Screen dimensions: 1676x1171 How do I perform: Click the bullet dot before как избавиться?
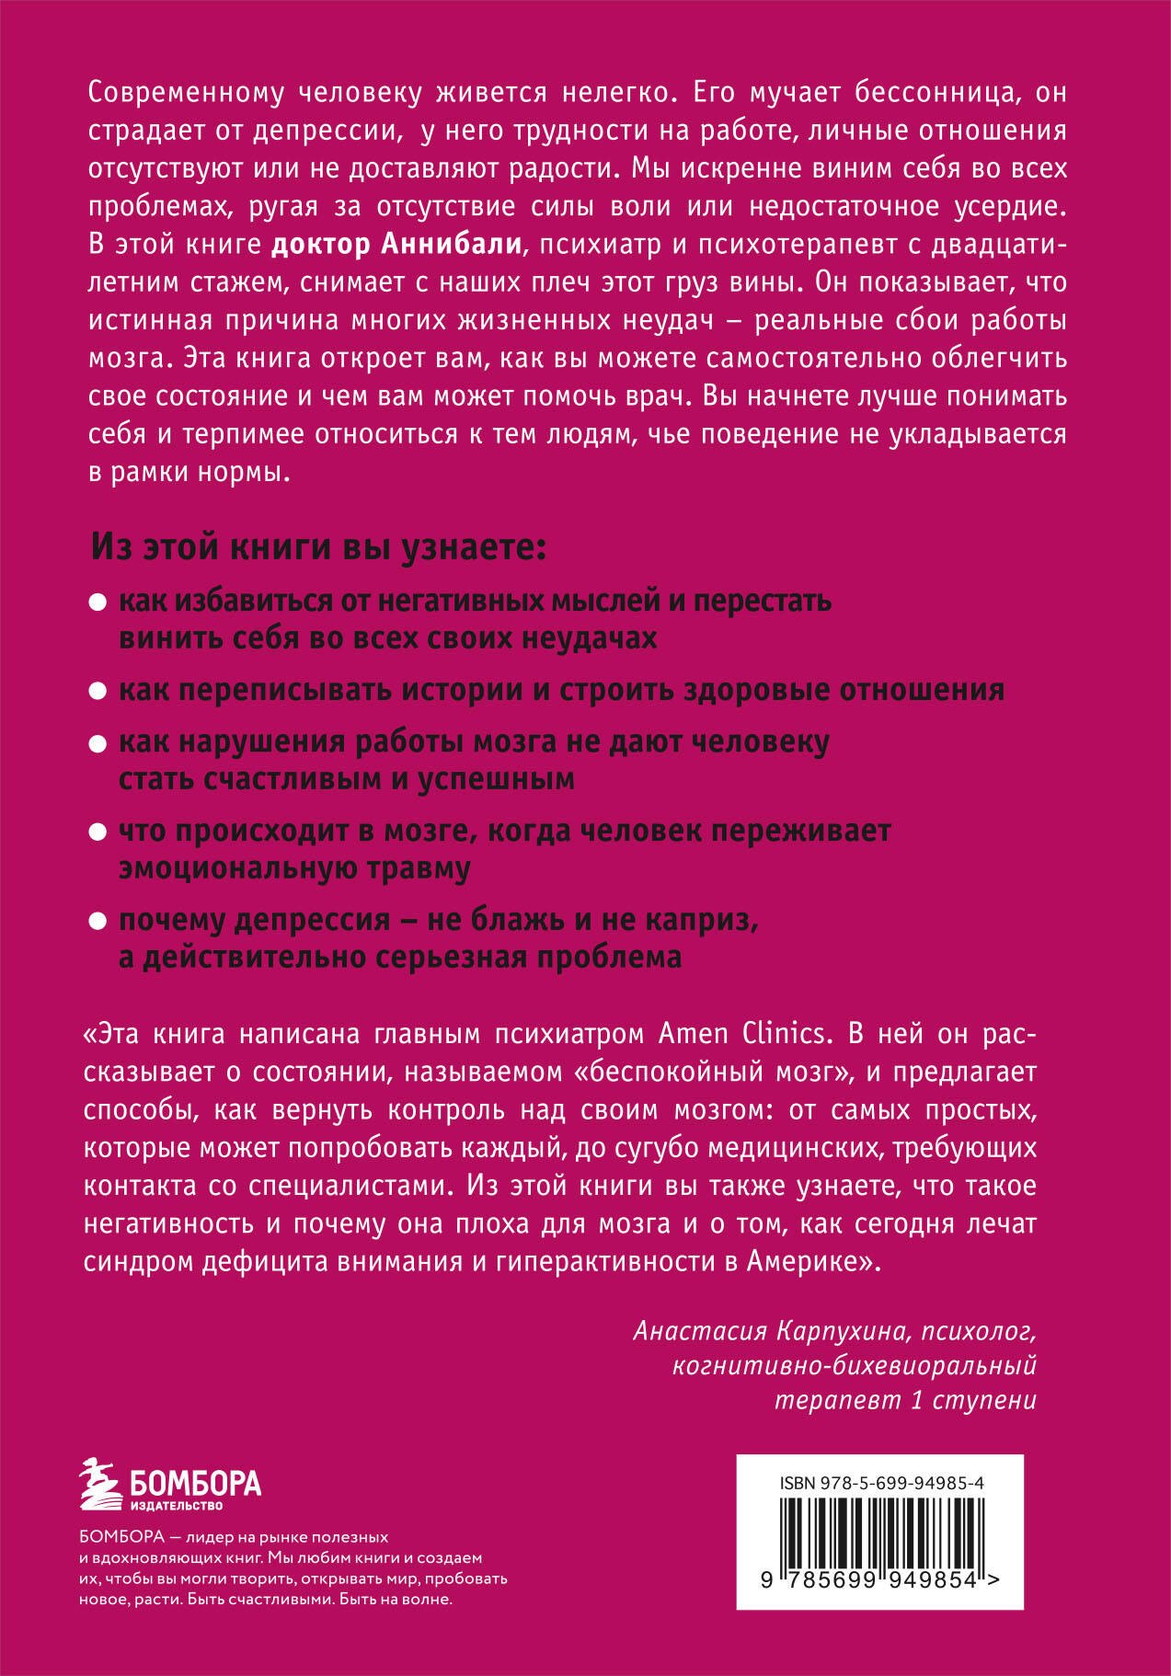coord(98,604)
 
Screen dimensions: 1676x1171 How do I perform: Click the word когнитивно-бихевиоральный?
coord(855,1366)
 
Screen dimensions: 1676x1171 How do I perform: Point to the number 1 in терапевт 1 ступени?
coord(914,1401)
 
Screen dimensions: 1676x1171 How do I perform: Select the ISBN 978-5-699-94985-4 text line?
coord(881,1482)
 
